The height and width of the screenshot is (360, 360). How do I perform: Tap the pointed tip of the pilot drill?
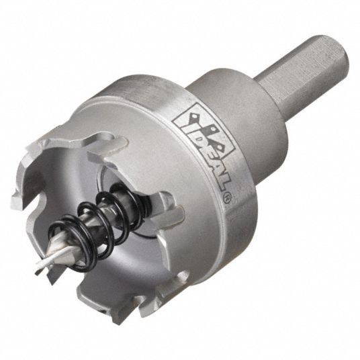click(37, 273)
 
